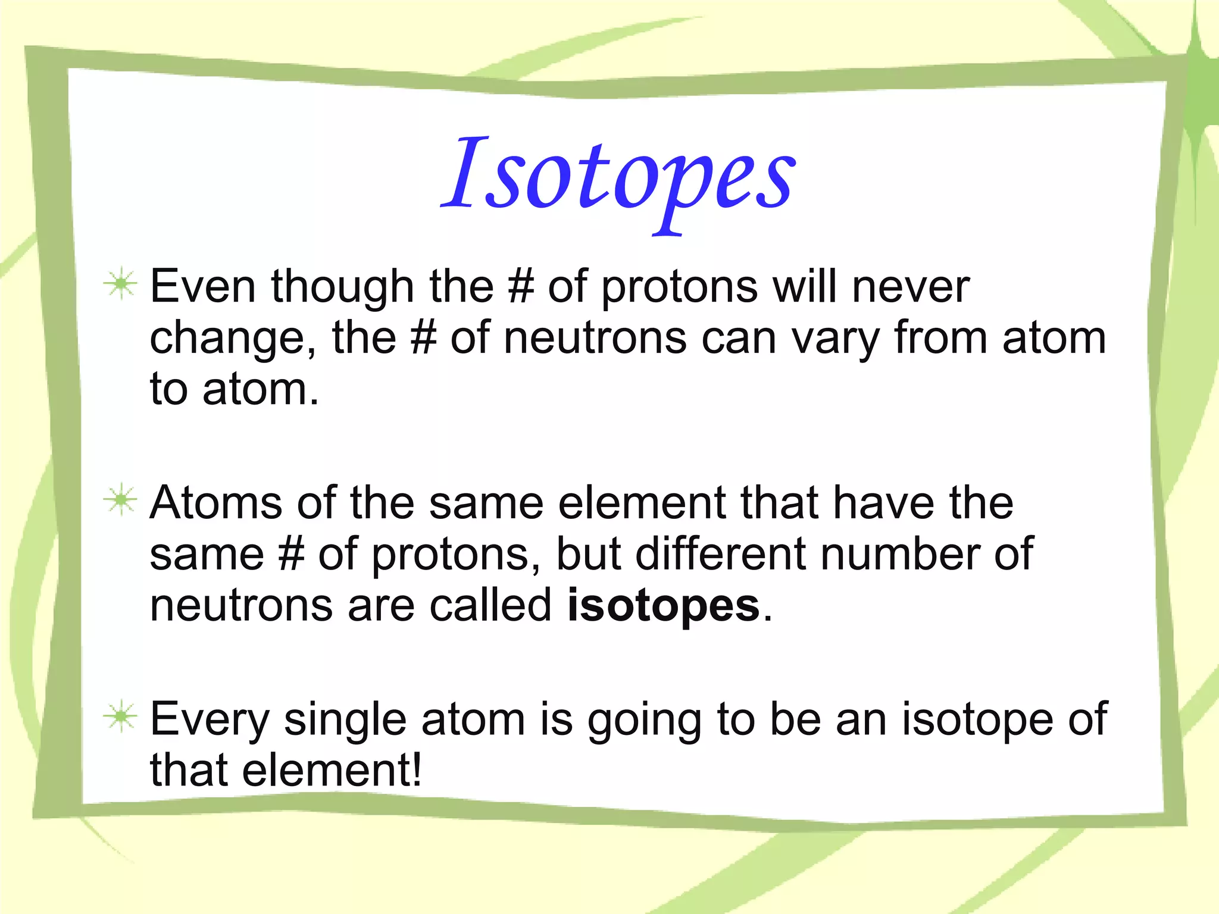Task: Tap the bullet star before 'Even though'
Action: click(121, 284)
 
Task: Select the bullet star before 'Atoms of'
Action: click(121, 500)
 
